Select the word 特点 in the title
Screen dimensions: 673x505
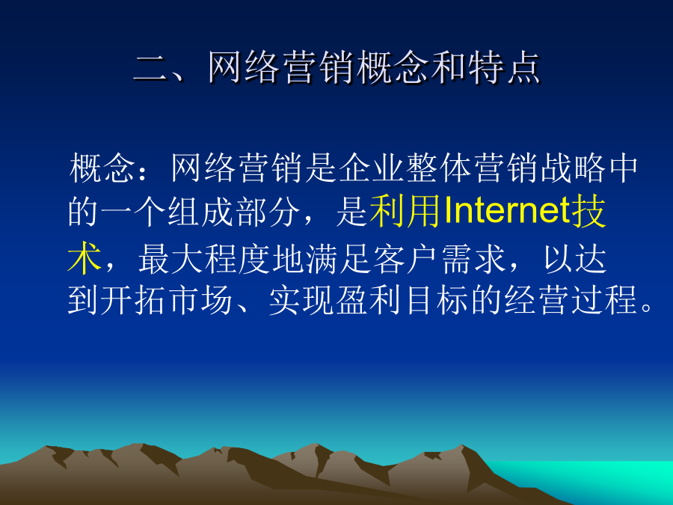[503, 67]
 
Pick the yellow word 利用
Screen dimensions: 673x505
[405, 211]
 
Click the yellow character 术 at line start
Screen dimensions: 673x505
[84, 258]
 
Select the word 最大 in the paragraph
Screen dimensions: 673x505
[170, 258]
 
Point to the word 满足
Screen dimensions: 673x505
[339, 258]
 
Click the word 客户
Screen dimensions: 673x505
[406, 258]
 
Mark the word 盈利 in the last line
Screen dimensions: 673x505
[369, 300]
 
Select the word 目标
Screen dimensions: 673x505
[437, 300]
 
